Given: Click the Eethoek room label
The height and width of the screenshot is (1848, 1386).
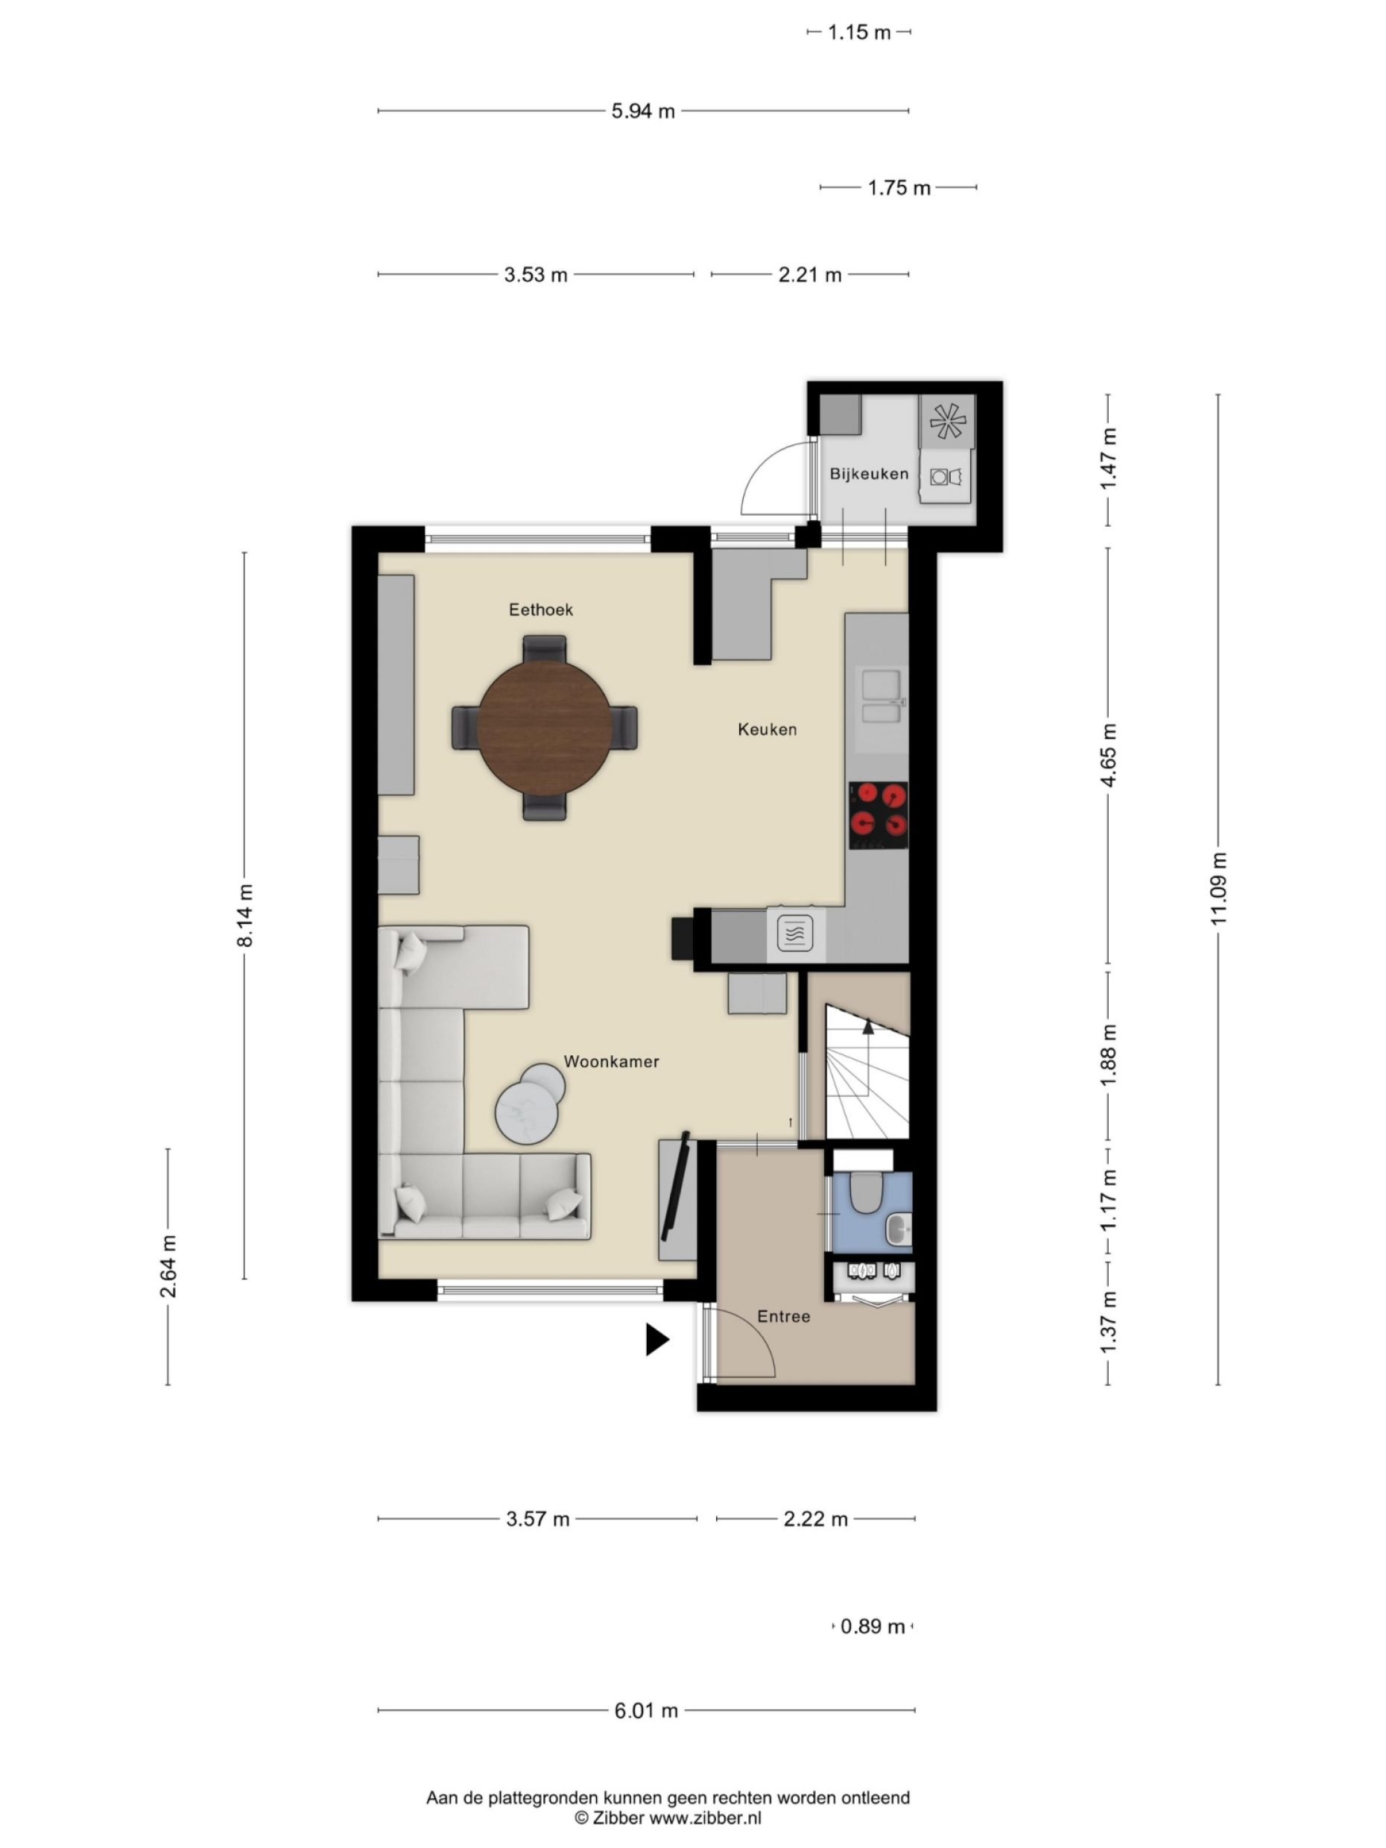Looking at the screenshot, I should tap(540, 610).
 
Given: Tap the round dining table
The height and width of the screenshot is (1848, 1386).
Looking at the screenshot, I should tap(544, 727).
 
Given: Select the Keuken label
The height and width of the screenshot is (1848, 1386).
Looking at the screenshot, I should tap(767, 730).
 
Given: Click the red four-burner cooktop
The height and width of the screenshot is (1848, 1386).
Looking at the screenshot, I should tap(878, 814).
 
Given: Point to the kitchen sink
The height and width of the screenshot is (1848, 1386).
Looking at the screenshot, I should tap(882, 697).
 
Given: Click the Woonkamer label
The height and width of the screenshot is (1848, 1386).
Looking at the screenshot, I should tap(611, 1062).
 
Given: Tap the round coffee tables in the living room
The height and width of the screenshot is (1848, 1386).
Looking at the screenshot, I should tap(529, 1104).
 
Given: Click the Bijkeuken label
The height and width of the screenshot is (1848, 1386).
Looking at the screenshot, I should tap(868, 474).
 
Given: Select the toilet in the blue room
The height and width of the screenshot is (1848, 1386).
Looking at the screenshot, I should tap(866, 1192).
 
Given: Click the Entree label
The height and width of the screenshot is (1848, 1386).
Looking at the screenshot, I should tap(783, 1317).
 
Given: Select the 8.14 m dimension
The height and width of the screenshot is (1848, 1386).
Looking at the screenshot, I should tap(244, 915).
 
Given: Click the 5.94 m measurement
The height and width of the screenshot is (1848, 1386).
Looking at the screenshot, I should tap(642, 111).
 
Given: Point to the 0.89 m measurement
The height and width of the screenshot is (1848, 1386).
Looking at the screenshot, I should tap(872, 1627).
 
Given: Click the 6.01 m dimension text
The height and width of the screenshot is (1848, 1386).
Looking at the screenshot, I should tap(646, 1711).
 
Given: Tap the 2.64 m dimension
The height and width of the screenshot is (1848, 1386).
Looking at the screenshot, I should tap(168, 1266).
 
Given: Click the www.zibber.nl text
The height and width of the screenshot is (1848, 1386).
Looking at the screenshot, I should tap(705, 1818).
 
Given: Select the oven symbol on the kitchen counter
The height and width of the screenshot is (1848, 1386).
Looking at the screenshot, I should tap(794, 932).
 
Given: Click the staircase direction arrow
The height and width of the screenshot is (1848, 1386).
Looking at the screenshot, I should tap(868, 1028).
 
